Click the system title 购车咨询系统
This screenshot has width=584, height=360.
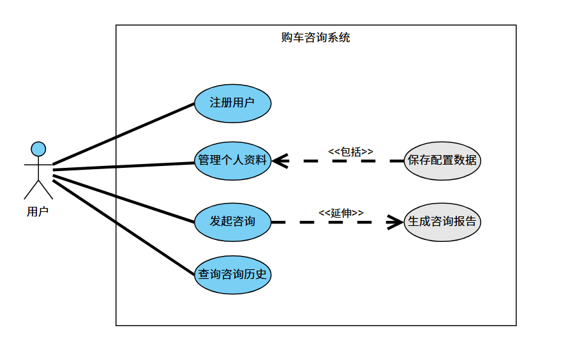(315, 38)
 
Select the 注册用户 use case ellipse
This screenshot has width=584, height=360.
(232, 102)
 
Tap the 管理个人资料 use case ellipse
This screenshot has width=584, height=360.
(232, 160)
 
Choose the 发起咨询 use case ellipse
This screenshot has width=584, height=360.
(232, 221)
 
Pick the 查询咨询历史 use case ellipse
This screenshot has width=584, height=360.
(232, 274)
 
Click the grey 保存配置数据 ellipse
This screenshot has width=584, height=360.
(442, 160)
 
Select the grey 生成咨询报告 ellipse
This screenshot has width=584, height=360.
(442, 222)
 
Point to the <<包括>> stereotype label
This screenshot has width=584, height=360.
(350, 151)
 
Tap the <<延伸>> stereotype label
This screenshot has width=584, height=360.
(341, 213)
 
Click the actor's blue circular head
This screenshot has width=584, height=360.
(38, 149)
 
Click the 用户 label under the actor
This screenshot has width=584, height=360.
(38, 212)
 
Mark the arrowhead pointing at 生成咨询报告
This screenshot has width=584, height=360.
(397, 222)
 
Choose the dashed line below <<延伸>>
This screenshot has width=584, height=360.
(332, 222)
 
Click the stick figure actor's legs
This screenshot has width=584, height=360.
(38, 188)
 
